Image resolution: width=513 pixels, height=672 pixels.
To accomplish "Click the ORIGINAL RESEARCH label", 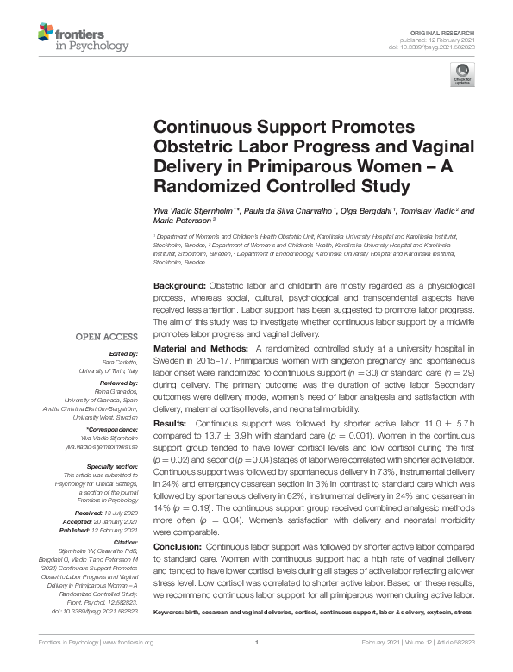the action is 450,30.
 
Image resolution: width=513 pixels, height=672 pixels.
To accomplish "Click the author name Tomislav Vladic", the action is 428,209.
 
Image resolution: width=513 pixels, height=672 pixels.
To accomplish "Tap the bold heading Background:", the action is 178,285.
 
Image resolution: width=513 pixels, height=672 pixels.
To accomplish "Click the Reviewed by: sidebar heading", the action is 122,382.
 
